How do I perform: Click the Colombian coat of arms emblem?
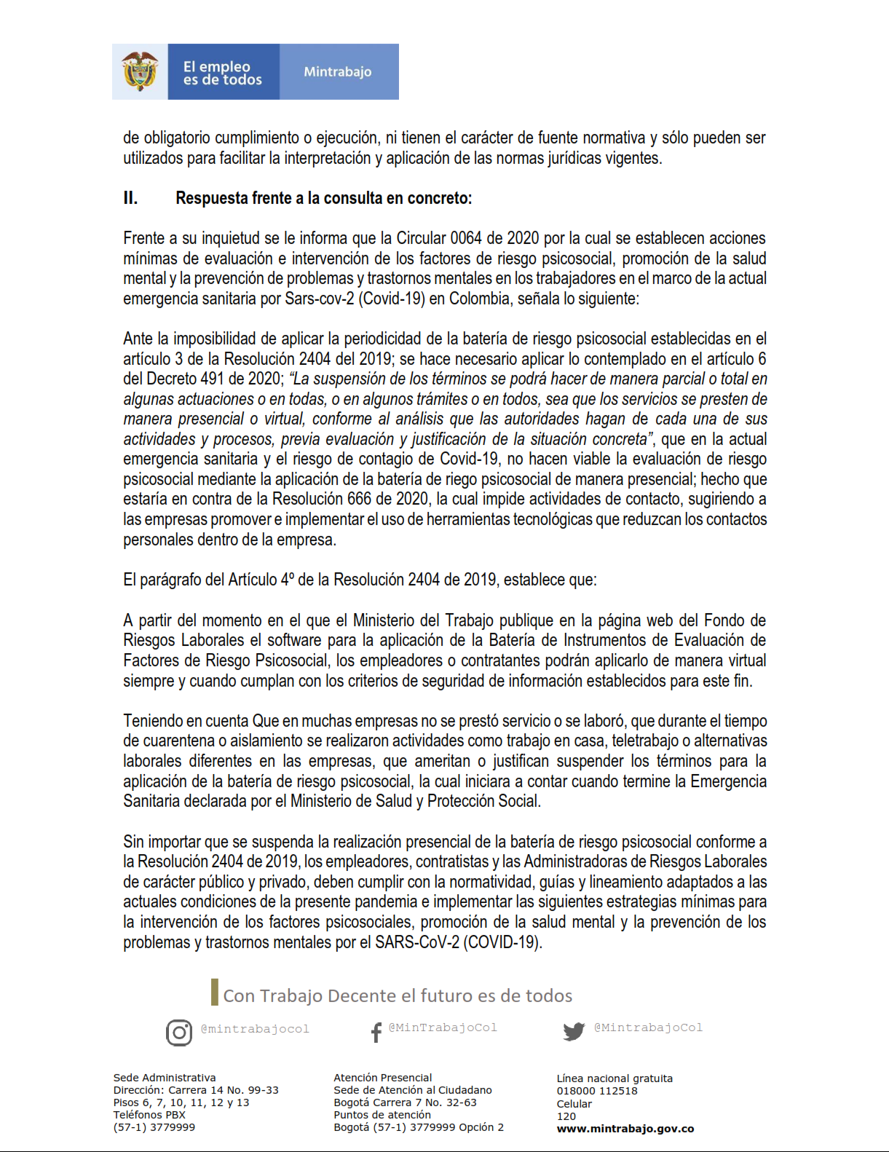[x=140, y=71]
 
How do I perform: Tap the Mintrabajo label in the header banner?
[x=338, y=71]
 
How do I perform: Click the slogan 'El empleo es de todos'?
[x=222, y=73]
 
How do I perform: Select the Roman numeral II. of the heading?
[x=130, y=198]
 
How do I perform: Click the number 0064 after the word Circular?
[x=465, y=238]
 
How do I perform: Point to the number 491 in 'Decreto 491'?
[x=213, y=379]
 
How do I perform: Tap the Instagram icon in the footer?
[x=179, y=1033]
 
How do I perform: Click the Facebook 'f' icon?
[x=376, y=1033]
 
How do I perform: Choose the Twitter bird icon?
[x=574, y=1031]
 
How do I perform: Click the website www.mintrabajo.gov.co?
[x=625, y=1129]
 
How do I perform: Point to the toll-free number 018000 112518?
[x=597, y=1091]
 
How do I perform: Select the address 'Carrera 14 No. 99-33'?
[x=224, y=1090]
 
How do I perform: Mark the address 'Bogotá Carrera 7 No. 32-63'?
[x=405, y=1102]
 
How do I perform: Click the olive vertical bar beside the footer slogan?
[x=215, y=992]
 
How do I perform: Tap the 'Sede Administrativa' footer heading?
[x=165, y=1078]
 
